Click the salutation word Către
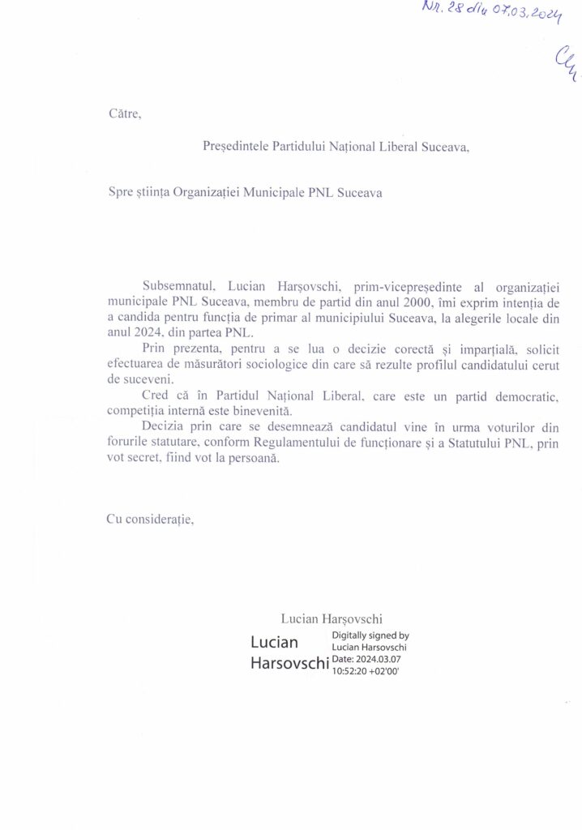pos(125,113)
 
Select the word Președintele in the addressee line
pos(234,148)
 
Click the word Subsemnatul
pos(178,287)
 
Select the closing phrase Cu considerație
pos(150,519)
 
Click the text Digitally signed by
pos(370,636)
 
